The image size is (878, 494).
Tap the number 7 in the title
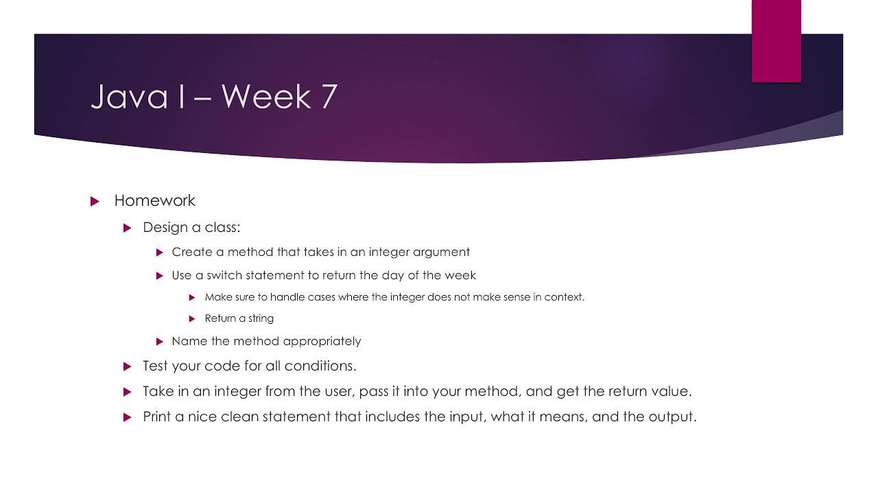[x=327, y=97]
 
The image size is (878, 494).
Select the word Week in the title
[x=265, y=97]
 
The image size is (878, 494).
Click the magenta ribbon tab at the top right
[x=776, y=41]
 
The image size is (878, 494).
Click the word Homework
[x=155, y=201]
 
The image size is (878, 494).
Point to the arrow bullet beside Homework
[x=95, y=202]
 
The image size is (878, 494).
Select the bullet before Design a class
[x=127, y=228]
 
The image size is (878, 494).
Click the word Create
[x=192, y=252]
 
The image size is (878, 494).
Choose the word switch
[x=232, y=275]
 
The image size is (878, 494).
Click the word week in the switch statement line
[x=460, y=275]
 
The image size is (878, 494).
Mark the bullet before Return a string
[x=192, y=318]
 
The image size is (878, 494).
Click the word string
[x=260, y=318]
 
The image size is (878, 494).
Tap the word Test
[x=155, y=366]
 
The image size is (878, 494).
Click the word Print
[x=157, y=416]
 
